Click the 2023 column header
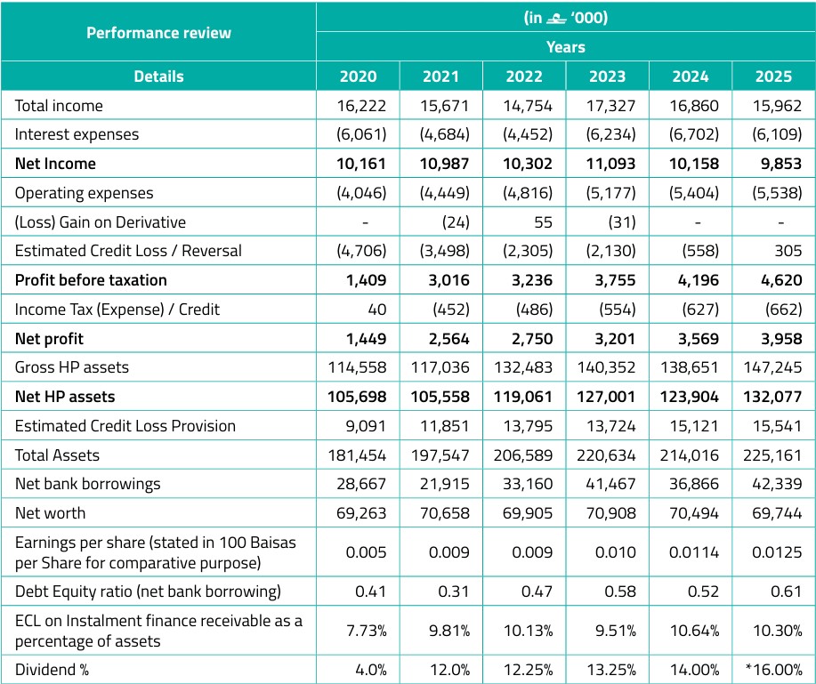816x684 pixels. pyautogui.click(x=607, y=76)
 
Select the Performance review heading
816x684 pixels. pyautogui.click(x=158, y=33)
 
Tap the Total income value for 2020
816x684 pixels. pyautogui.click(x=361, y=106)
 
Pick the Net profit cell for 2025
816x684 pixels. pyautogui.click(x=774, y=339)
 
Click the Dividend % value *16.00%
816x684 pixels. pyautogui.click(x=773, y=670)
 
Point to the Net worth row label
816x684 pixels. pyautogui.click(x=50, y=513)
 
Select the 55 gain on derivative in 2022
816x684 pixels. pyautogui.click(x=543, y=222)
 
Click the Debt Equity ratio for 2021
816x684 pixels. pyautogui.click(x=453, y=591)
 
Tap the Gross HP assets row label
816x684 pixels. pyautogui.click(x=72, y=367)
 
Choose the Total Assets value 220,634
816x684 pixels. pyautogui.click(x=606, y=455)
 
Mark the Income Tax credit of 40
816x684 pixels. pyautogui.click(x=376, y=310)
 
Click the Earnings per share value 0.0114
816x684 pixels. pyautogui.click(x=694, y=551)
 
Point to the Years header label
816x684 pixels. pyautogui.click(x=566, y=47)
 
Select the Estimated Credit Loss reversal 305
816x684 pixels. pyautogui.click(x=788, y=251)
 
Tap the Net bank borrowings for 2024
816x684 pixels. pyautogui.click(x=694, y=484)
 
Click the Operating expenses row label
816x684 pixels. pyautogui.click(x=85, y=193)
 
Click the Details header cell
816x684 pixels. pyautogui.click(x=158, y=76)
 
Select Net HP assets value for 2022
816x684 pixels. pyautogui.click(x=523, y=397)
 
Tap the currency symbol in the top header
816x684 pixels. pyautogui.click(x=556, y=20)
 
